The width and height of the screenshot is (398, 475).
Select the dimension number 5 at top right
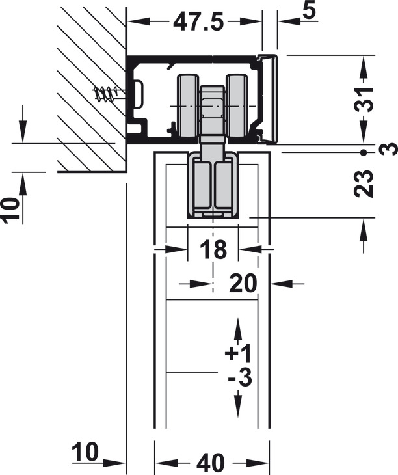309,11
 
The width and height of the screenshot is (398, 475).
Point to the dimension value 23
364,184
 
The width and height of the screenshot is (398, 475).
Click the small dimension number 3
391,150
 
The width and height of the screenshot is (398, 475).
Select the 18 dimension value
213,250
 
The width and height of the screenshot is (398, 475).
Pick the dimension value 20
243,284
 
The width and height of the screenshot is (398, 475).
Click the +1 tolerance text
238,353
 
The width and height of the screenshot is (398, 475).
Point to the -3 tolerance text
240,377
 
